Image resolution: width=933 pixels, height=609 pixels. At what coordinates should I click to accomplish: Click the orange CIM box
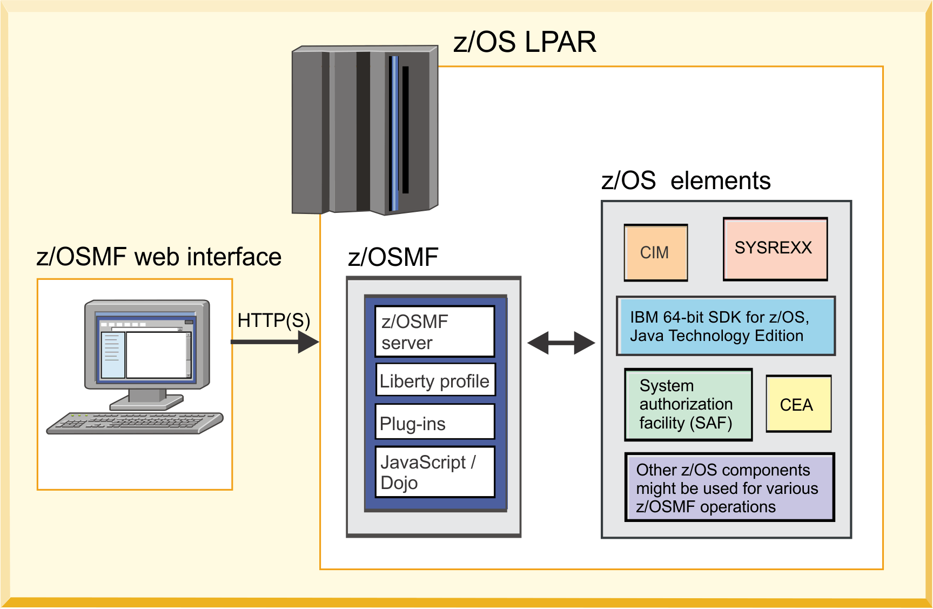click(655, 252)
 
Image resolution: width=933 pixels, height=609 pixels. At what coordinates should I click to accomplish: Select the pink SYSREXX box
click(775, 249)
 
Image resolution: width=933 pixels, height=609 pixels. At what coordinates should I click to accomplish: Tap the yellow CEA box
click(798, 404)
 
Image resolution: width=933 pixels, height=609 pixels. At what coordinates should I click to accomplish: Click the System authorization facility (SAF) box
click(688, 404)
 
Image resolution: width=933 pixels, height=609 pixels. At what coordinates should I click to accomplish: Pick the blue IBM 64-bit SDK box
click(726, 326)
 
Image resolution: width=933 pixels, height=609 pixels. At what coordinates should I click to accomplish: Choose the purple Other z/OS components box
click(729, 487)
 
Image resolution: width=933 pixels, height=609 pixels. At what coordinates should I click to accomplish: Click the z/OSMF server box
click(434, 332)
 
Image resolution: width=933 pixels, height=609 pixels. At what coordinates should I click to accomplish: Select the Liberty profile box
click(434, 380)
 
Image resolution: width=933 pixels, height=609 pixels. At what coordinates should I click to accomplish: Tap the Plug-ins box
click(434, 423)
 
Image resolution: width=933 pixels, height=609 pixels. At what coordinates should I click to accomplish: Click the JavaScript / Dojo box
click(434, 472)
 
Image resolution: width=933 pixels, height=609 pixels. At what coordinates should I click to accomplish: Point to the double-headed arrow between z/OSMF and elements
click(561, 343)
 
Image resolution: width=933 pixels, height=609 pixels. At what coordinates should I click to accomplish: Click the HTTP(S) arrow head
click(309, 342)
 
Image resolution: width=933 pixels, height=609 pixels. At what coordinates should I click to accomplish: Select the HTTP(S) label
click(273, 320)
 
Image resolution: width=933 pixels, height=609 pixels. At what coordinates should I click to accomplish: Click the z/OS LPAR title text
click(524, 42)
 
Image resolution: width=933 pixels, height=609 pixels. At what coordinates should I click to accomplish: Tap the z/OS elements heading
click(685, 180)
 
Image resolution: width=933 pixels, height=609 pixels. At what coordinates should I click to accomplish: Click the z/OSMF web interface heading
click(158, 257)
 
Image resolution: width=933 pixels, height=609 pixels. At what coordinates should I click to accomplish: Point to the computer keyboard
click(135, 423)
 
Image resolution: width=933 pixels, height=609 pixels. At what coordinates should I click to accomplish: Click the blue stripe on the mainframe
click(395, 132)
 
